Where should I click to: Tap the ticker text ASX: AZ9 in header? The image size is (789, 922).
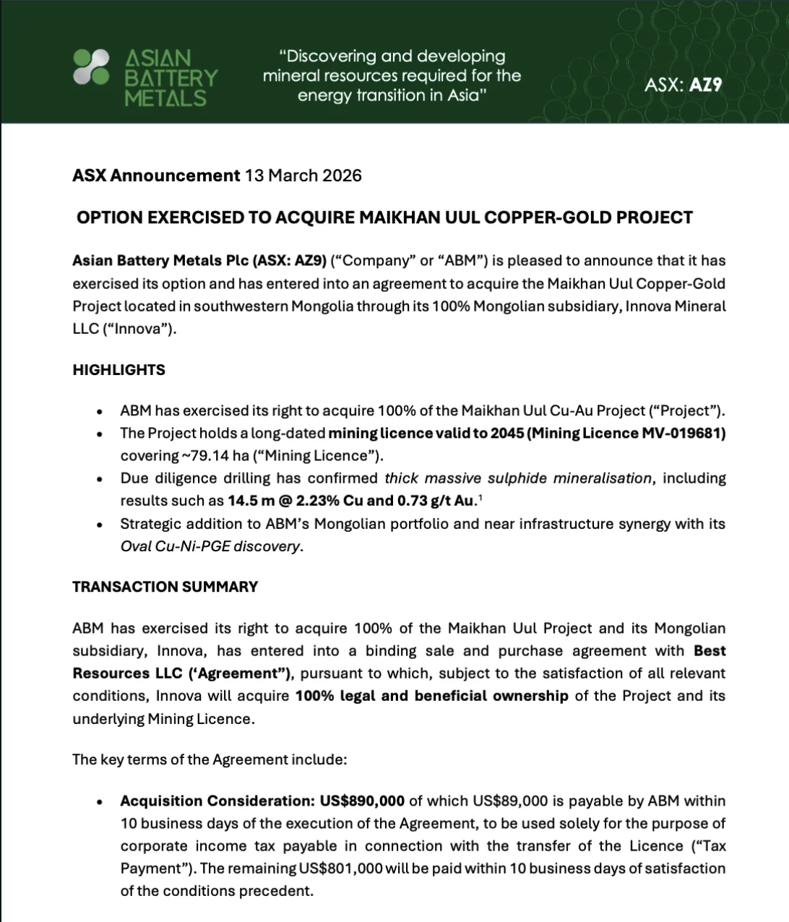[x=683, y=85]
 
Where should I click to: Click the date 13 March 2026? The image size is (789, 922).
[x=303, y=176]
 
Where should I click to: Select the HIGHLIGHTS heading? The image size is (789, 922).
[x=118, y=370]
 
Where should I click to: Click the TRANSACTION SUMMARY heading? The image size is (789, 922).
[x=165, y=587]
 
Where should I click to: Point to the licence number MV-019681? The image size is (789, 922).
[x=683, y=433]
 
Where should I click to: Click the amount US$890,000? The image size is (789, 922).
[x=362, y=801]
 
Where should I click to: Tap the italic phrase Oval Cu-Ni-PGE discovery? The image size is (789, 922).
[x=210, y=546]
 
